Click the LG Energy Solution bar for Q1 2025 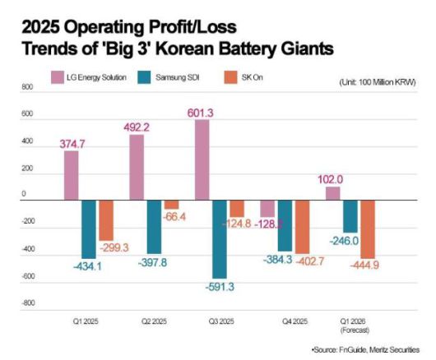[72, 174]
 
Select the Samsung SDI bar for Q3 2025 [220, 238]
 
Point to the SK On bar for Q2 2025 [171, 204]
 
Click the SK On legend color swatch [233, 77]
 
